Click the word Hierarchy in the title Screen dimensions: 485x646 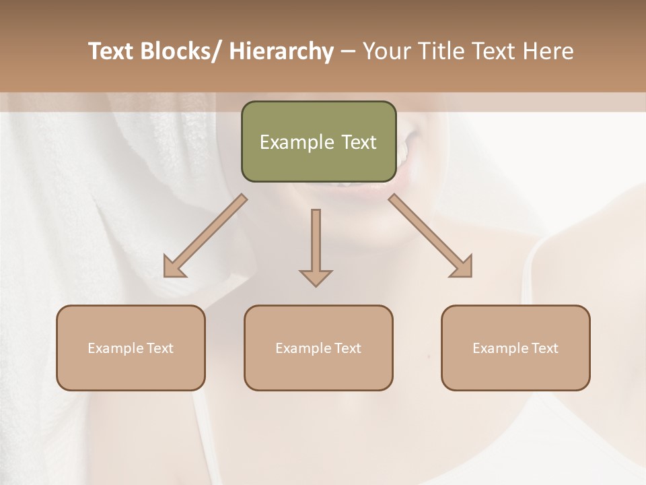(281, 52)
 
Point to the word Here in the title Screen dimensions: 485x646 (550, 52)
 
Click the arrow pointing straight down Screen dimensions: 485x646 (316, 247)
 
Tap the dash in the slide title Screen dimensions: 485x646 (348, 52)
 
